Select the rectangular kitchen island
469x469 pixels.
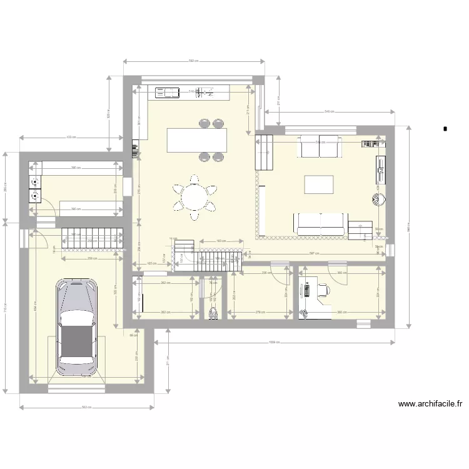197,139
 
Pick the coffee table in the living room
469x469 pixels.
319,184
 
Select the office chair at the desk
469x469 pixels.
323,290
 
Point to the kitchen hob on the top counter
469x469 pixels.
167,93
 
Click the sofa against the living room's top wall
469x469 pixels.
320,146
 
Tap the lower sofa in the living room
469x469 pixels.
320,223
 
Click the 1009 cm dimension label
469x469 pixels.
273,342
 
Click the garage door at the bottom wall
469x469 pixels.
76,389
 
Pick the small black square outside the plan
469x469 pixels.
445,129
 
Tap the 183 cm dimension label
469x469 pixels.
221,241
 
